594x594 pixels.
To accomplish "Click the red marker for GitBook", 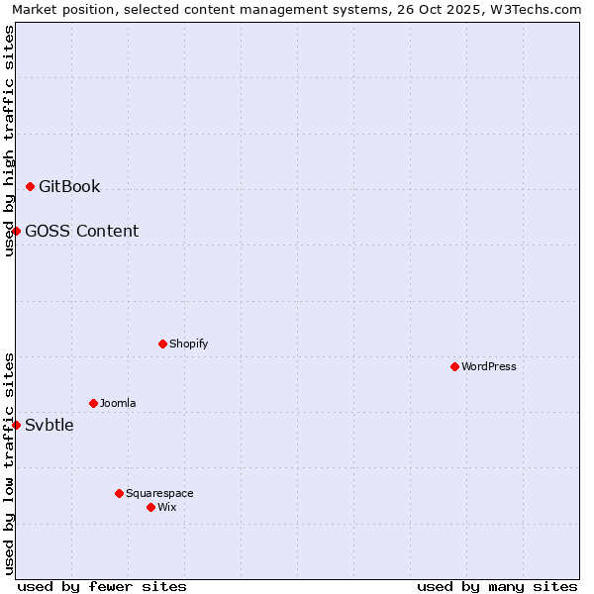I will tap(31, 186).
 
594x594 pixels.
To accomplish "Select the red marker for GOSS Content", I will tap(17, 231).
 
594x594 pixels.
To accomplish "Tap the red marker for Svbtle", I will tap(17, 425).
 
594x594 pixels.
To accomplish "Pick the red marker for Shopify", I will tap(163, 344).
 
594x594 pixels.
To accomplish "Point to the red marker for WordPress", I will tap(455, 366).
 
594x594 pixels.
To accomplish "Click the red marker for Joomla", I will tap(94, 403).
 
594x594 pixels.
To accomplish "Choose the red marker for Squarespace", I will tap(120, 493).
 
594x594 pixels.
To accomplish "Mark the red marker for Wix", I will tap(151, 507).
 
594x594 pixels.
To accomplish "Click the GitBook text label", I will tap(69, 187).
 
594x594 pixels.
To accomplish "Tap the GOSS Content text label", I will tap(81, 232).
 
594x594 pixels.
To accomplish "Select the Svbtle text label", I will tap(49, 426).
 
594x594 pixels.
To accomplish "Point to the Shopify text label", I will tap(188, 345).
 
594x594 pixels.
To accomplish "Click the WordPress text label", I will tap(489, 367).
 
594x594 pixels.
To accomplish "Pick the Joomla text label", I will tap(118, 404).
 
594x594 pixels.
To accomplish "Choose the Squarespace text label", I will tap(159, 494).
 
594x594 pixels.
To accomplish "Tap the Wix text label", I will tap(167, 508).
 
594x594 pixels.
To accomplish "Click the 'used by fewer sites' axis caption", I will tap(102, 586).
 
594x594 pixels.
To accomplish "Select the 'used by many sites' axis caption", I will tap(497, 586).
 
